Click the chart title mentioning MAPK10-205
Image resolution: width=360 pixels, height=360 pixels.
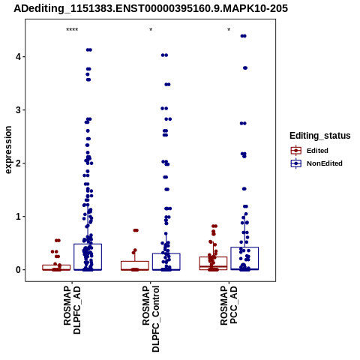point(151,8)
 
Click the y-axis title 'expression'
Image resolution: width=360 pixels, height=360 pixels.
point(8,150)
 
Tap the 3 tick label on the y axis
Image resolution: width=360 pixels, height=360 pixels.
point(19,110)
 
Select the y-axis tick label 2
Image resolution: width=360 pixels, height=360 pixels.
point(19,163)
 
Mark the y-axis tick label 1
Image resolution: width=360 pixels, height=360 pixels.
point(19,217)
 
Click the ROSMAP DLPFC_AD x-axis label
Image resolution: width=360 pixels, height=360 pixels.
point(72,310)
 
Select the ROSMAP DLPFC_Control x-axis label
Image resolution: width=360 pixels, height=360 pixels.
point(151,319)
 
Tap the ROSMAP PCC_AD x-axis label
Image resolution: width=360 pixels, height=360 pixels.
point(229,305)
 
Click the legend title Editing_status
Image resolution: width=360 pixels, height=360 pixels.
point(320,136)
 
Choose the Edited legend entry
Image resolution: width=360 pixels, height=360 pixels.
point(310,151)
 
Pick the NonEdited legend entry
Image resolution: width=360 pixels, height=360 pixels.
point(316,163)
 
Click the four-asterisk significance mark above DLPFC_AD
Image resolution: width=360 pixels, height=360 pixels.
point(72,30)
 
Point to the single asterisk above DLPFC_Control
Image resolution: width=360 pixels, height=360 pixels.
point(151,30)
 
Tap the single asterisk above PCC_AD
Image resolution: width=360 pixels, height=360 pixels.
point(229,30)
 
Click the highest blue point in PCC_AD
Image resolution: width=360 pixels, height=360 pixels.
point(243,36)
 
